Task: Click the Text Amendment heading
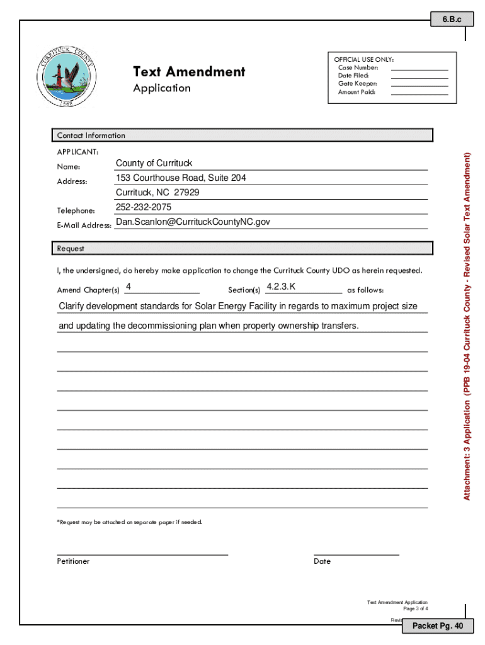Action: click(189, 72)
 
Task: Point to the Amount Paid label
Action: click(357, 92)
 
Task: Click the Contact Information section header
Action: click(91, 135)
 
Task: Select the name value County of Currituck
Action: click(154, 164)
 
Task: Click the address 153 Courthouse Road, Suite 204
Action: click(181, 178)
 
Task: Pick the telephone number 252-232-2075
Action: click(144, 207)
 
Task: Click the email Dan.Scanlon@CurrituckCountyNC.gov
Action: click(193, 222)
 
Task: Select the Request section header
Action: click(71, 249)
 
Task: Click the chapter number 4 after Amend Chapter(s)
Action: click(128, 287)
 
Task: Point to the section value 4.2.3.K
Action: click(281, 287)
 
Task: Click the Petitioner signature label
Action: click(73, 561)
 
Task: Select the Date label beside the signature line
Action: click(322, 561)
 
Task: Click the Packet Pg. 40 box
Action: click(437, 626)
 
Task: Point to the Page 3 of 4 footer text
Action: click(416, 609)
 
